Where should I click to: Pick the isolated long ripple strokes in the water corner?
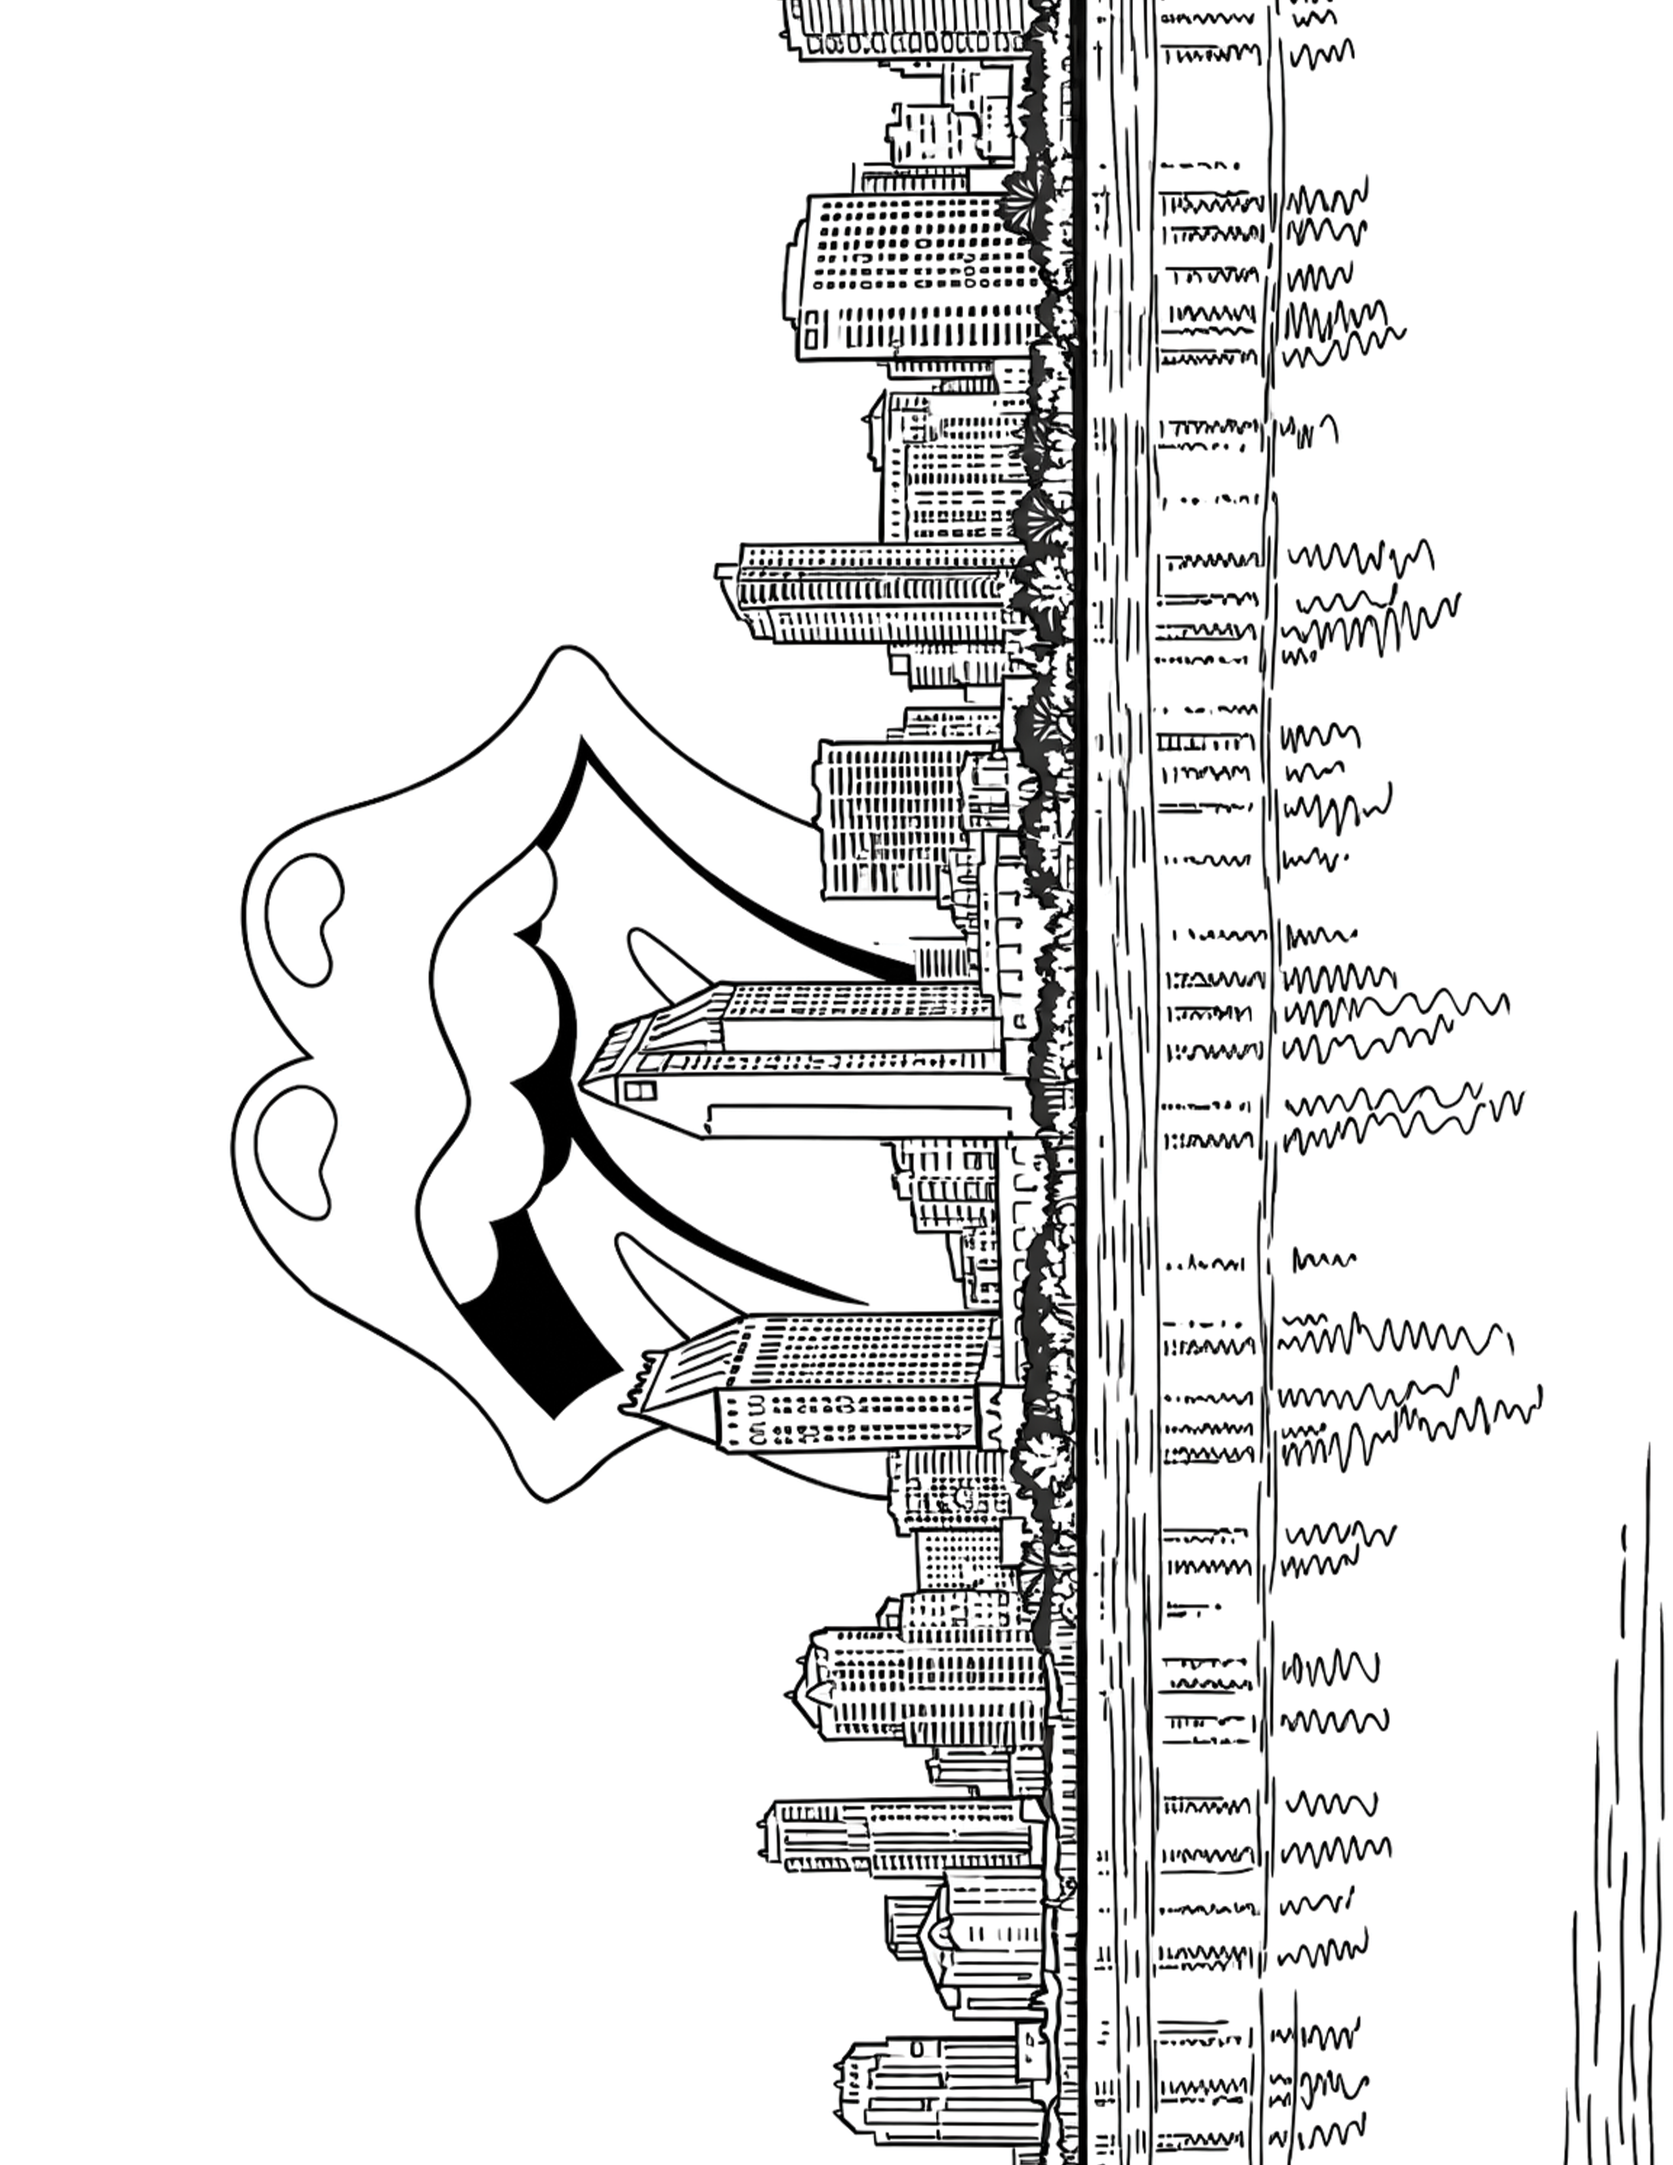[1615, 1834]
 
